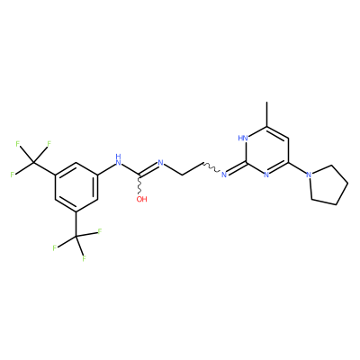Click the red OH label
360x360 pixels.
pos(142,199)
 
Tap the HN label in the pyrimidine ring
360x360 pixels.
pos(243,139)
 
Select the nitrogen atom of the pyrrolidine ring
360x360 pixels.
pos(309,175)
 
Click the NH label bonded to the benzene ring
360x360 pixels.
pos(119,160)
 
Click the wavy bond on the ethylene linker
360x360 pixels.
pos(211,167)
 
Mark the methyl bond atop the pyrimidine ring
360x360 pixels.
pos(266,114)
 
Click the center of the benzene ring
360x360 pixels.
pos(76,186)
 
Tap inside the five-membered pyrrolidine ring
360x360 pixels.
pos(328,184)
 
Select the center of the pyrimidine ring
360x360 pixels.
pos(266,150)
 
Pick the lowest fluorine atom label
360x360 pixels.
pos(85,258)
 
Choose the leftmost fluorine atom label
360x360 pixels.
pos(13,175)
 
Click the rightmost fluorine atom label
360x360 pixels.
pos(100,231)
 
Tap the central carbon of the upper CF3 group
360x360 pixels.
pos(33,162)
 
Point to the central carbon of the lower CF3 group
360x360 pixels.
pos(76,236)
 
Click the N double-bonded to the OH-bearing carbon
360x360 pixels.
pos(160,163)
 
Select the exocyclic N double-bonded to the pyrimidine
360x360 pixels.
pos(223,175)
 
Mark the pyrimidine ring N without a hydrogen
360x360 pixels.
pos(266,175)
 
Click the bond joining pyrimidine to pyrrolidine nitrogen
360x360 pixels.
pos(297,168)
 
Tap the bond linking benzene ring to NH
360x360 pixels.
pos(106,168)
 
